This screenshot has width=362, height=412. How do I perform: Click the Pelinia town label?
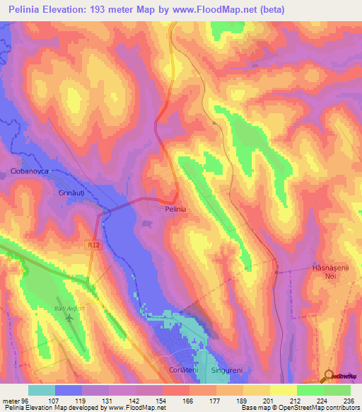175,210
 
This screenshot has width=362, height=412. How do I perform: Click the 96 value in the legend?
28,399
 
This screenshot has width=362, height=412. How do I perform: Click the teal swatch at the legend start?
41,390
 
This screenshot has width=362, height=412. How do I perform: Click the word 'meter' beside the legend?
11,399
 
